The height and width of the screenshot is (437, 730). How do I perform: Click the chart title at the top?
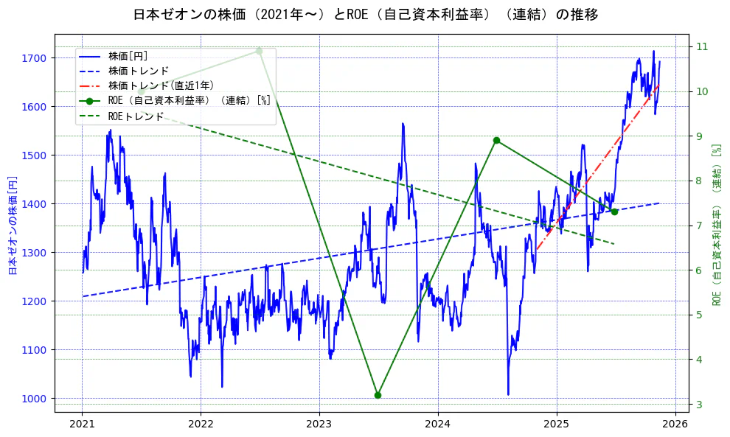pos(366,14)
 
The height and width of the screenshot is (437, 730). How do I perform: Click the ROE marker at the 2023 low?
pos(378,395)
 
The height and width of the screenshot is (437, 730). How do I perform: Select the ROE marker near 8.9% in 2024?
pos(496,140)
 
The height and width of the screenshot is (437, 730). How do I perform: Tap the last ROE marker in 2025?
pos(614,211)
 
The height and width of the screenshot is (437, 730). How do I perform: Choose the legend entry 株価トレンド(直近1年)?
pos(161,85)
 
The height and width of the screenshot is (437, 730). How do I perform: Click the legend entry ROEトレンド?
pos(136,116)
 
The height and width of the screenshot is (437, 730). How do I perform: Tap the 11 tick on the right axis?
pos(701,46)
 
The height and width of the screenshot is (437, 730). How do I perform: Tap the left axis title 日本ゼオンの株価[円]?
pos(12,226)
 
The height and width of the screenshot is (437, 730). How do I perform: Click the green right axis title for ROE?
pos(716,225)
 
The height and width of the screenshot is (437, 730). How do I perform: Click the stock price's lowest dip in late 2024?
pos(508,394)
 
